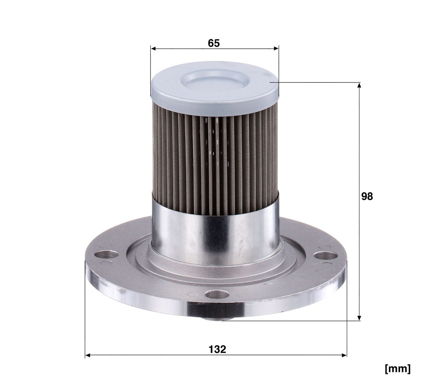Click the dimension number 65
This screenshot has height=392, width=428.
tap(214, 43)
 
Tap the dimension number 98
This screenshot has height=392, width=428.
tap(367, 196)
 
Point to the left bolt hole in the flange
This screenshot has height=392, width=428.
tap(106, 255)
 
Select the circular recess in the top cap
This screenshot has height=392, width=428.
tap(215, 80)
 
